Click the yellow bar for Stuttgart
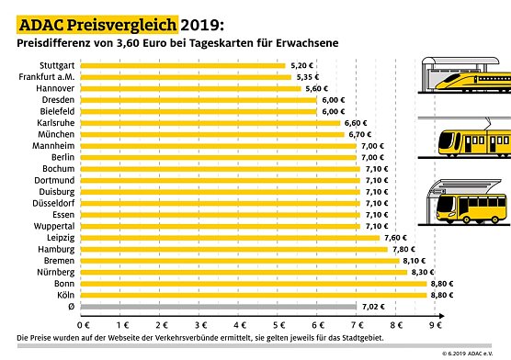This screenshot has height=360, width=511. click(184, 66)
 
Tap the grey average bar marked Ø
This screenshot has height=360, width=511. click(220, 306)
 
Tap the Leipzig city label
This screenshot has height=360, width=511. click(61, 237)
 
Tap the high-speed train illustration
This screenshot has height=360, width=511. click(463, 82)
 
